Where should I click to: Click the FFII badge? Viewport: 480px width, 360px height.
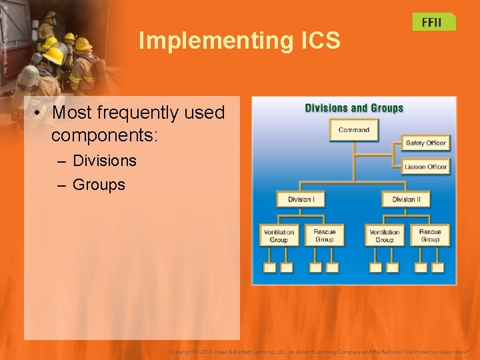(433, 21)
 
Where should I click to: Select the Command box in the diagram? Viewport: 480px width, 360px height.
(353, 130)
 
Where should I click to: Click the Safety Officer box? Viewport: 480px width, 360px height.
(425, 143)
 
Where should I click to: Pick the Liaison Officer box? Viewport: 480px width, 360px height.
(425, 166)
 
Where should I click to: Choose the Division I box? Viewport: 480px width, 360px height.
(301, 199)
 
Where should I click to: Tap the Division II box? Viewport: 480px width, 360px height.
(406, 199)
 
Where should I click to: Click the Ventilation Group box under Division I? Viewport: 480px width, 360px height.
(279, 236)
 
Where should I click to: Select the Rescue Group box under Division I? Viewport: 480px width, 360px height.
(324, 236)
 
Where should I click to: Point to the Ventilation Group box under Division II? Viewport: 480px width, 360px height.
(385, 236)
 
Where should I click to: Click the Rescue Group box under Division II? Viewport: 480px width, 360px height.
(430, 236)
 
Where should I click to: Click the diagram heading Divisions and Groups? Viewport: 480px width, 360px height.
(354, 108)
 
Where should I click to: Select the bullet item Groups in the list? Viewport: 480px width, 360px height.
(99, 185)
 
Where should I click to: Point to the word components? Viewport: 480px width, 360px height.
(104, 135)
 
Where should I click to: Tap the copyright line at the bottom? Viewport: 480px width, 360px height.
(319, 351)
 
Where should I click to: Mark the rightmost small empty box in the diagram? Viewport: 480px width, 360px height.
(438, 267)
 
